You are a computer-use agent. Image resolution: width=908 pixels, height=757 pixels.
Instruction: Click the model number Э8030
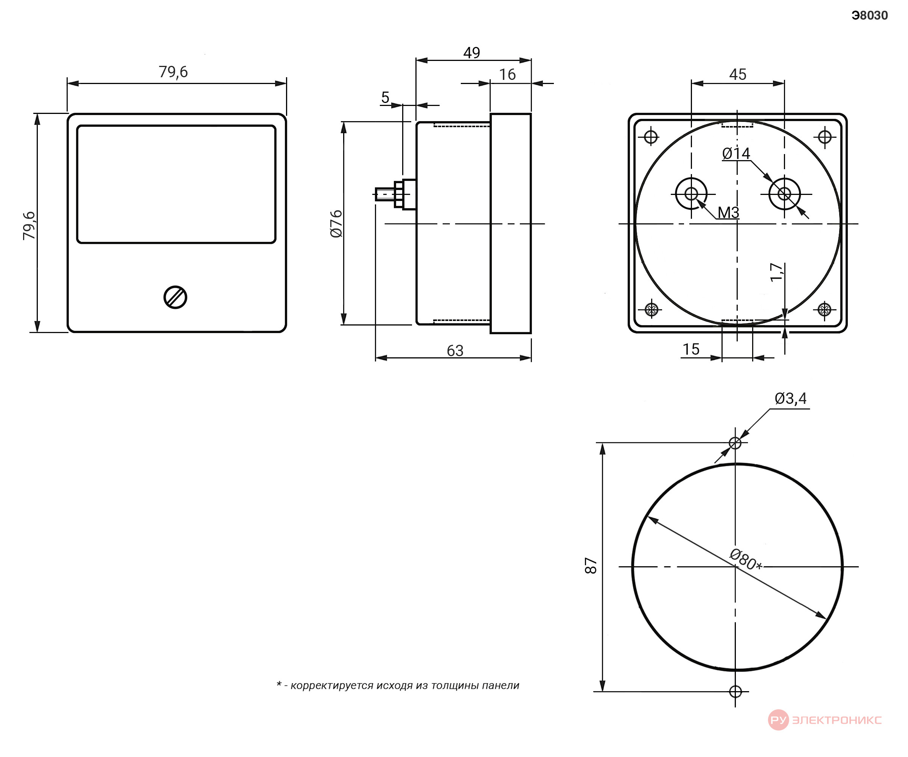(x=869, y=16)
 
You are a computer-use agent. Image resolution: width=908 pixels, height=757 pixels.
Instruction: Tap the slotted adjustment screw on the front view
(x=175, y=298)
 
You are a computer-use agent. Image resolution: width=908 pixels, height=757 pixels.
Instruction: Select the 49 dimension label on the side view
(x=471, y=53)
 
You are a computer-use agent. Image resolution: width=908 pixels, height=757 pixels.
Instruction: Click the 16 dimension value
(x=507, y=75)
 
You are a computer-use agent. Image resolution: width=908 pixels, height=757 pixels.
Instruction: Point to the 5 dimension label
(x=385, y=97)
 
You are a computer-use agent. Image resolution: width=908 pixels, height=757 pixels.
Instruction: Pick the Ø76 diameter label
(x=336, y=224)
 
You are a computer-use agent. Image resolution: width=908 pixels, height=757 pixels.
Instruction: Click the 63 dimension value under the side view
(x=455, y=350)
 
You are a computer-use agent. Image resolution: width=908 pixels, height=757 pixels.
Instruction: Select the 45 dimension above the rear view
(x=738, y=75)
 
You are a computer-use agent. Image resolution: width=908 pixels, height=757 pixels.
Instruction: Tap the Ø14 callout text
(x=736, y=153)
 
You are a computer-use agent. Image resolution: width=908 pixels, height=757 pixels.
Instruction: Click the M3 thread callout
(x=729, y=212)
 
